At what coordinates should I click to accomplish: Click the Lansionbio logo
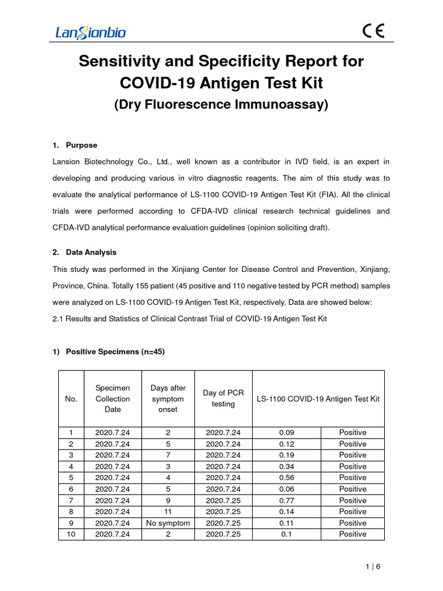tap(90, 32)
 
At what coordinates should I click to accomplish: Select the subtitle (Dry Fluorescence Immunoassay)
tap(221, 105)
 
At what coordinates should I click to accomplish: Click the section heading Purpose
tap(81, 145)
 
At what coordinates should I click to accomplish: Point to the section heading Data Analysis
tap(91, 252)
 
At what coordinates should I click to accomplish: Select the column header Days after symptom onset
tap(168, 398)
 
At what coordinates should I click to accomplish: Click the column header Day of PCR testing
tap(223, 398)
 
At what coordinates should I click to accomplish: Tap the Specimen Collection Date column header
tap(112, 398)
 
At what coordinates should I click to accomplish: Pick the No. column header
tap(72, 399)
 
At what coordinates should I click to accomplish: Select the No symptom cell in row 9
tap(168, 523)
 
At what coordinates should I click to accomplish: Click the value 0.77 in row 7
tap(287, 500)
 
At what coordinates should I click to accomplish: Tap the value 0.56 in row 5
tap(287, 477)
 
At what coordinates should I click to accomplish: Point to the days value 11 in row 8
tap(168, 511)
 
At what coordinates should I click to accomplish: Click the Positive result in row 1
tap(352, 432)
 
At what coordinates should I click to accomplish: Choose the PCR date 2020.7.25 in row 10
tap(223, 534)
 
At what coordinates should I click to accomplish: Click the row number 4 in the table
tap(72, 466)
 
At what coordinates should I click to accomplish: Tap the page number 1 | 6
tap(373, 567)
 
